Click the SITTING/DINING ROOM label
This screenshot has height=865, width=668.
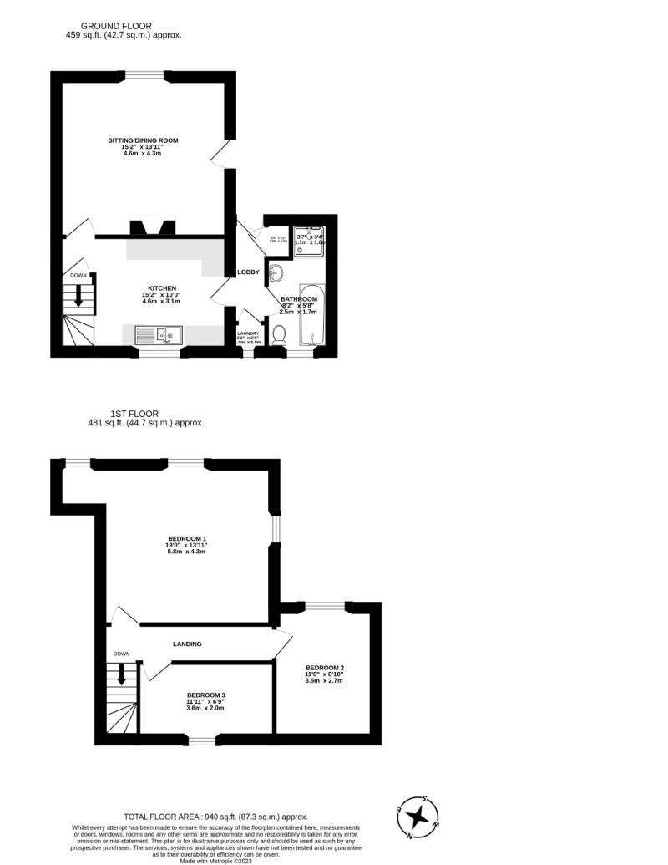(x=143, y=140)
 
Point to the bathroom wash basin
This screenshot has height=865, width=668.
(x=276, y=273)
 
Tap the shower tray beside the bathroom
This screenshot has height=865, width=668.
(x=309, y=239)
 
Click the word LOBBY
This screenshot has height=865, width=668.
(x=248, y=272)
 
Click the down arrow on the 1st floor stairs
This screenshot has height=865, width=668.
(x=122, y=673)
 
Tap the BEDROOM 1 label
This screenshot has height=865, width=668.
(x=187, y=538)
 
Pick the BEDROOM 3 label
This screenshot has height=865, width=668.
(x=205, y=695)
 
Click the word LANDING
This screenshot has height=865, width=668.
(x=187, y=644)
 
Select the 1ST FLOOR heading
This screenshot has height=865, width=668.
(x=134, y=413)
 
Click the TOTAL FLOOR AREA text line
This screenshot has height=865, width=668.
(x=215, y=817)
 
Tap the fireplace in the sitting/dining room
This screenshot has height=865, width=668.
(x=151, y=227)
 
